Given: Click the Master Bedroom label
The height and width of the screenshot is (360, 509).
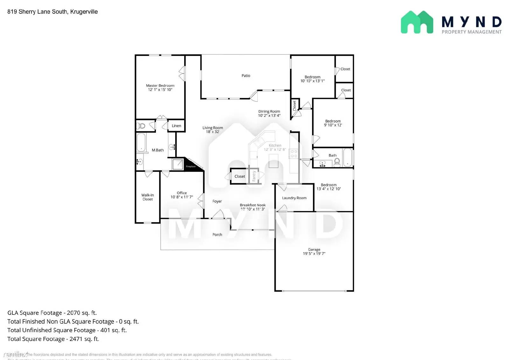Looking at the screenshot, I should coord(160,86).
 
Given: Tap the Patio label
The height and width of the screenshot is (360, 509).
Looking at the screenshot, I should coord(246,76).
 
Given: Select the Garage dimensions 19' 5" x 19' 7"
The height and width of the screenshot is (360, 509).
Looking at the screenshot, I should coord(314,254).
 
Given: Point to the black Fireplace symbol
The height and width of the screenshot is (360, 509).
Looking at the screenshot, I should coord(192,165).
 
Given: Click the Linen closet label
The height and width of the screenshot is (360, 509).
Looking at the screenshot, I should coord(176,126).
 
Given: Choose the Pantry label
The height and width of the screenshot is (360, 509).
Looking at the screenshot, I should coord(254,176).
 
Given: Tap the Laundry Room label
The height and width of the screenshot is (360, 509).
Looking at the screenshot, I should coord(294,198).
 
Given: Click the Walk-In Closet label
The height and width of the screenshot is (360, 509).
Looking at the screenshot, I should coord(147,197).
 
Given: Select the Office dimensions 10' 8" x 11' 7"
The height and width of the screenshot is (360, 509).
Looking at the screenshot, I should coord(182,197).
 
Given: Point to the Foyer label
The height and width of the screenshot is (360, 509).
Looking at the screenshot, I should coord(217,201).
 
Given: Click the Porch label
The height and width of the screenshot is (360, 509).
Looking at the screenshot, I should coord(217,235).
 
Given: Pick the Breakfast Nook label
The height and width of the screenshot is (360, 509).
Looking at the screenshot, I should coord(253,205).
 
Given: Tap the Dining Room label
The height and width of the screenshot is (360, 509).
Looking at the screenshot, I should coord(269,111).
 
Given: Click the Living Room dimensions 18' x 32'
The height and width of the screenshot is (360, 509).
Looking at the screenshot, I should coord(213,132).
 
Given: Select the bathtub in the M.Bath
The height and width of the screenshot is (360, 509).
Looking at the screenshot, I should coord(141,143).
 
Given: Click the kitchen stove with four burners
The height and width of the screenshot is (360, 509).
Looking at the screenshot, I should coord(294,154).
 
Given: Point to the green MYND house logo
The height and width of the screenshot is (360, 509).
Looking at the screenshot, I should coord(417,22).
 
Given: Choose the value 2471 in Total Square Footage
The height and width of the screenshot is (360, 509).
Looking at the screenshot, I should coord(76,339).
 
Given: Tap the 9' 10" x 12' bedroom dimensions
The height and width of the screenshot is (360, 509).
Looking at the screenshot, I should coord(333,125).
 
